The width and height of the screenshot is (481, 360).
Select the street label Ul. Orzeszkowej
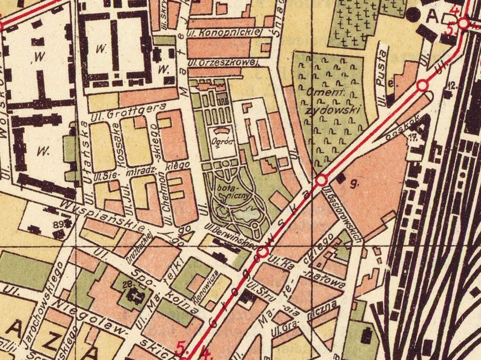pyautogui.click(x=223, y=62)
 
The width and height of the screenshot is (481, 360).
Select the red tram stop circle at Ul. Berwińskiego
pyautogui.click(x=263, y=251)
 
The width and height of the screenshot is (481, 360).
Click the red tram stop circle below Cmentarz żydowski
pyautogui.click(x=322, y=179)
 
